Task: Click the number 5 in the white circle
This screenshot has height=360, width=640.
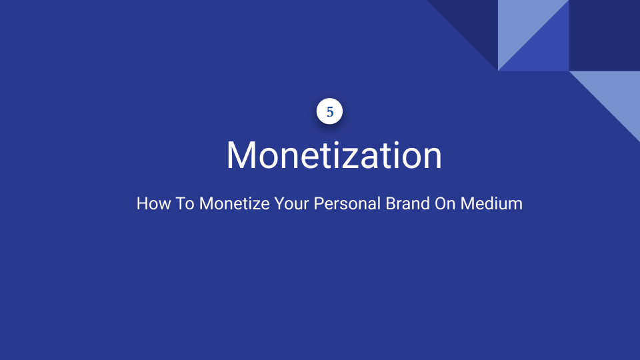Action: click(x=330, y=111)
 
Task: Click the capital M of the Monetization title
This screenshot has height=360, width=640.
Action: click(x=241, y=155)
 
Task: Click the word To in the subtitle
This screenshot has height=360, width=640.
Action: click(x=185, y=203)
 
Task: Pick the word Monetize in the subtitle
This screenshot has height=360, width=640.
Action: click(x=234, y=203)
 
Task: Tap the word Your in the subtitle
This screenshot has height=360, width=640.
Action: click(x=291, y=203)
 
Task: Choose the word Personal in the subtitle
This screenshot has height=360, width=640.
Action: click(x=347, y=203)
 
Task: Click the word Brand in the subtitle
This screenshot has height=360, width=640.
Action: click(x=407, y=203)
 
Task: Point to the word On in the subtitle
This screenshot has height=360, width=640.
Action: click(x=445, y=203)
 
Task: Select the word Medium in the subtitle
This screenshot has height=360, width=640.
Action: click(x=491, y=203)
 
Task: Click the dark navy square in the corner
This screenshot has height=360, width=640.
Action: click(x=605, y=35)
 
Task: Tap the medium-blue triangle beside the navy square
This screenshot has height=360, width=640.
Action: click(x=545, y=47)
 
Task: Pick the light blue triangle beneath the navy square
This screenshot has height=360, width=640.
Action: click(x=616, y=95)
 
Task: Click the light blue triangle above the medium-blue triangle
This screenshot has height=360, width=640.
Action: click(x=521, y=24)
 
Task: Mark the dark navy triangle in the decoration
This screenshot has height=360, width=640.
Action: click(x=474, y=24)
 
